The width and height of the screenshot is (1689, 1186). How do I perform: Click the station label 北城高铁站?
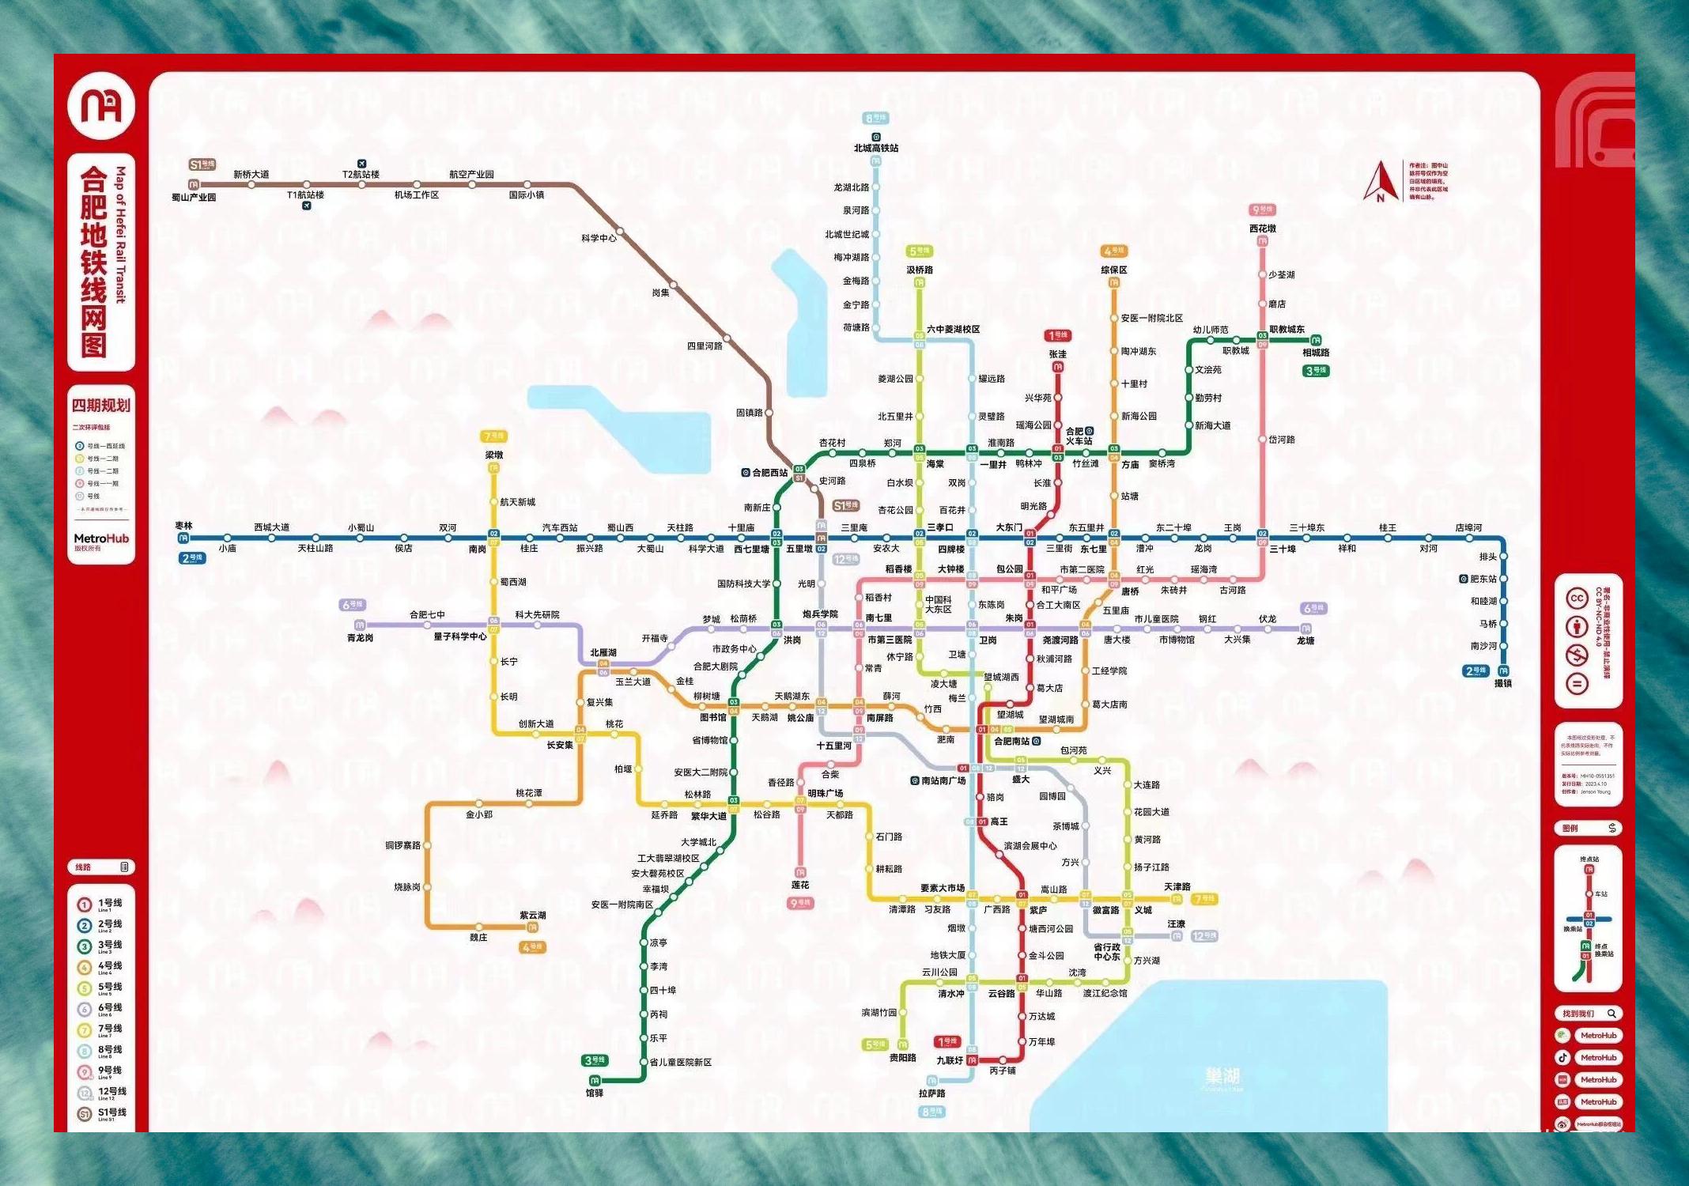point(875,148)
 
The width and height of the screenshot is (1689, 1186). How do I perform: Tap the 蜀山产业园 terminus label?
point(194,198)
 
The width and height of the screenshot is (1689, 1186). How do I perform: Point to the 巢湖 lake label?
point(1222,1076)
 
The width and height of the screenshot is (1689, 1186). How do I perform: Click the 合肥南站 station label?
point(1012,742)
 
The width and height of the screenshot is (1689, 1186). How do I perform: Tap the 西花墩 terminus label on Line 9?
point(1262,229)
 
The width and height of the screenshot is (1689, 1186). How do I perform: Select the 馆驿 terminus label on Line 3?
point(595,1093)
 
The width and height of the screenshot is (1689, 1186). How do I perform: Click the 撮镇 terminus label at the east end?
point(1503,683)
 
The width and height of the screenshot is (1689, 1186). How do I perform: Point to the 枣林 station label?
point(183,526)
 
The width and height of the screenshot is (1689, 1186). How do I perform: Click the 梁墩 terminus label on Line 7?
point(493,455)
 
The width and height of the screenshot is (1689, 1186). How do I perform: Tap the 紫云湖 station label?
point(533,915)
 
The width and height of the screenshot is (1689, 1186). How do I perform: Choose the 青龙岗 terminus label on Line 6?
point(360,637)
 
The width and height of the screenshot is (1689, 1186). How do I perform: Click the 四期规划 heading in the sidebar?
point(101,406)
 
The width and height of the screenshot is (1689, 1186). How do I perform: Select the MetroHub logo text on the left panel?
point(101,538)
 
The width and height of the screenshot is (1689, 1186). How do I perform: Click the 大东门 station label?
point(1009,527)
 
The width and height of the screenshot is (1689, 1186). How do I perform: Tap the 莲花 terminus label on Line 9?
point(800,885)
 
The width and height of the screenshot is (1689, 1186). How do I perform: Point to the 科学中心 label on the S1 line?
point(599,238)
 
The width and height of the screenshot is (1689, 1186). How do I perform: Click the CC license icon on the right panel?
point(1577,599)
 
